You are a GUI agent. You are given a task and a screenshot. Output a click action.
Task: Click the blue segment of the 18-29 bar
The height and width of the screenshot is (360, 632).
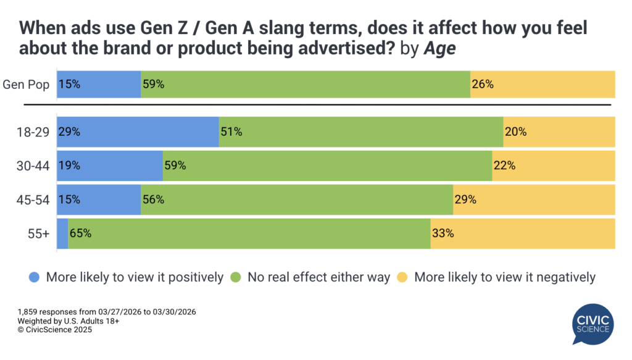138,132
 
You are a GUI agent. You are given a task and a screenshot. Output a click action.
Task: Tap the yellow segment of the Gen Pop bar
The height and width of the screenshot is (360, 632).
543,84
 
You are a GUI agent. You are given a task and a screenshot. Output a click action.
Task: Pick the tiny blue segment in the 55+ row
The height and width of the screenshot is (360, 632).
62,233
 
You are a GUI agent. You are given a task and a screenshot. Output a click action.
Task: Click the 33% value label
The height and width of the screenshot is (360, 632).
443,233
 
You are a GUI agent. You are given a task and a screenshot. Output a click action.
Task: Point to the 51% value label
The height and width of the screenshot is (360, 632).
231,132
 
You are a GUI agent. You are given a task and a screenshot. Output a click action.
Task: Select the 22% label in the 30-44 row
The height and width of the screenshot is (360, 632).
504,165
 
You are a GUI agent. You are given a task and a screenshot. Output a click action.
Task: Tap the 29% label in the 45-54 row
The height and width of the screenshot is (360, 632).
465,199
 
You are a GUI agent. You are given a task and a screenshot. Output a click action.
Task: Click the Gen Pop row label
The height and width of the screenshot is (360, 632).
27,84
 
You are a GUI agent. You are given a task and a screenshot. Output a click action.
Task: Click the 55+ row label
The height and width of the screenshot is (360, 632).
38,233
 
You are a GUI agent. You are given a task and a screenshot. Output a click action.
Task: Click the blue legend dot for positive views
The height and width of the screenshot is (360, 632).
35,277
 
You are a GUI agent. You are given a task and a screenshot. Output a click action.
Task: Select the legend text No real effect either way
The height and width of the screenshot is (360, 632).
318,277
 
